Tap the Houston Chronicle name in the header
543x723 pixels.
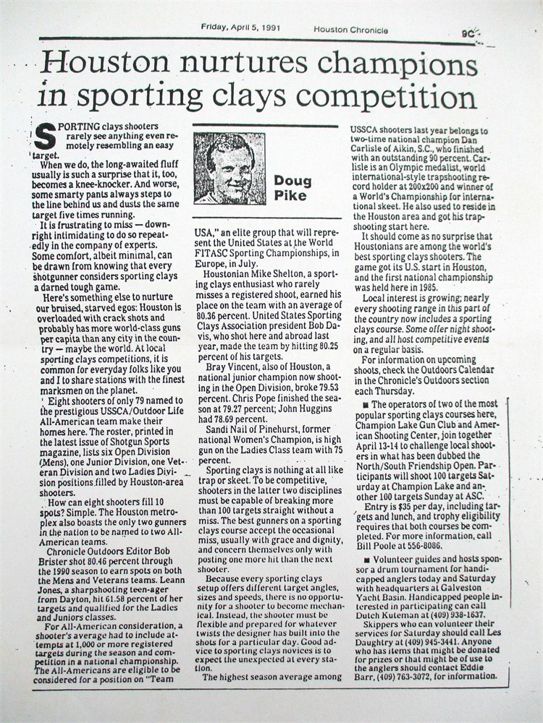350,30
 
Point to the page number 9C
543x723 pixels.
468,32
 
